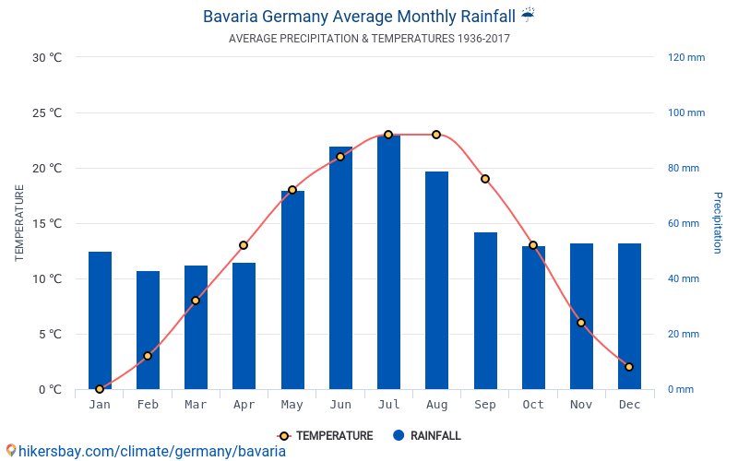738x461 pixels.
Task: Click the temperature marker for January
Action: point(100,389)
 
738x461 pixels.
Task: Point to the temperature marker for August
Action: point(436,135)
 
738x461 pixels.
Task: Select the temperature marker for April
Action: point(244,245)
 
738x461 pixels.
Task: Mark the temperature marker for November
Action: point(581,323)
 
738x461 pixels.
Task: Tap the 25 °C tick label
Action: point(47,113)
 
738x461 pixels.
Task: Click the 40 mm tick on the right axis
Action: point(684,278)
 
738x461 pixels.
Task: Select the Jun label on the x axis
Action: point(340,405)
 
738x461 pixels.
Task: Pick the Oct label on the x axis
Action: point(533,405)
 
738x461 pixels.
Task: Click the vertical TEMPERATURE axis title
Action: point(19,223)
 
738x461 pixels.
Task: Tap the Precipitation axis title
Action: point(718,223)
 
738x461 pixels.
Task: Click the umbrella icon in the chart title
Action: point(528,15)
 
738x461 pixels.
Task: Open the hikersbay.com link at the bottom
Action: point(151,452)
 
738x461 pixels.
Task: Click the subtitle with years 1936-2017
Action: point(369,39)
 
